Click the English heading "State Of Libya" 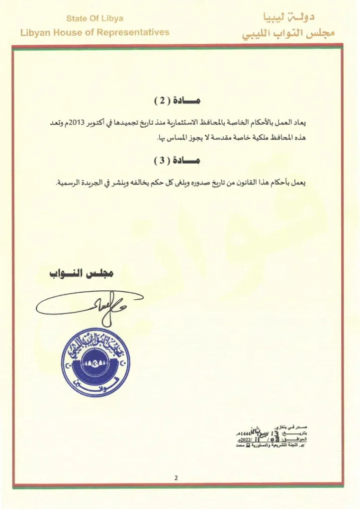94,19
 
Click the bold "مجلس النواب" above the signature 82,274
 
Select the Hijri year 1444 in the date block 247,433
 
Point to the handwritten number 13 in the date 265,433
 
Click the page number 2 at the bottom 177,478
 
